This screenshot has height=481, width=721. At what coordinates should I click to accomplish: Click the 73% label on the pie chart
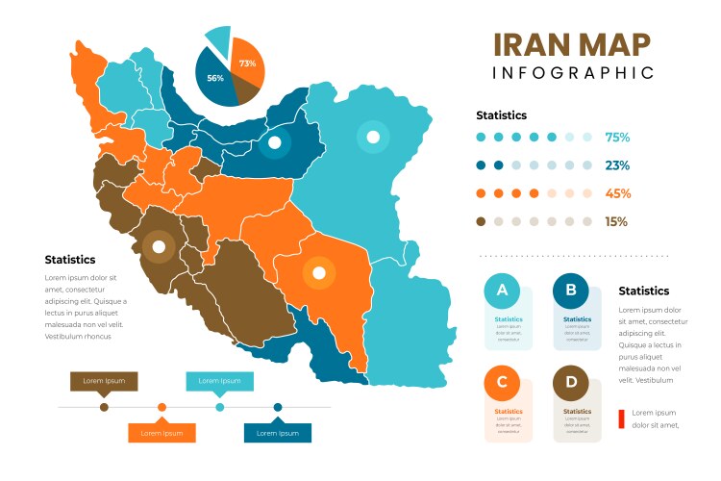click(x=247, y=63)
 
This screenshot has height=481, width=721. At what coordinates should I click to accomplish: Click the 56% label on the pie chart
click(x=215, y=78)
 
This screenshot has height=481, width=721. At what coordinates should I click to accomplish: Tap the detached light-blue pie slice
click(x=219, y=40)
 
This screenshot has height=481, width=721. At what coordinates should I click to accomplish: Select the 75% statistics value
click(x=617, y=138)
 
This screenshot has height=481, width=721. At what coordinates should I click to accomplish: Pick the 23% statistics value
click(x=617, y=165)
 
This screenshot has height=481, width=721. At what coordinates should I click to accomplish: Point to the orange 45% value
click(x=617, y=193)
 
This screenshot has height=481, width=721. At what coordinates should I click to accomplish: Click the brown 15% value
click(x=615, y=221)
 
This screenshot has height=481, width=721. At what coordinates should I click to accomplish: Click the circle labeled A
click(x=502, y=291)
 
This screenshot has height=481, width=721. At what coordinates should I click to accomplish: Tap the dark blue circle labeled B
click(x=571, y=291)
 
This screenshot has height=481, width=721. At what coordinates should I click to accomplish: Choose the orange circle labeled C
click(x=502, y=384)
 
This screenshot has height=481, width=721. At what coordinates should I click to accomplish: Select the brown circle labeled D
click(x=571, y=384)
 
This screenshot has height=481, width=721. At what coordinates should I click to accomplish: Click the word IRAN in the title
click(x=532, y=45)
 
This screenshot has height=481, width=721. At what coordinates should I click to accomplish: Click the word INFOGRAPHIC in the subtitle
click(x=573, y=73)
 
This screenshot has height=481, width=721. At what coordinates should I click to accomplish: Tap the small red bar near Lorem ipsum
click(x=621, y=418)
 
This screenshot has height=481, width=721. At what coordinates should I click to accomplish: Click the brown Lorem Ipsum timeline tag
click(x=104, y=382)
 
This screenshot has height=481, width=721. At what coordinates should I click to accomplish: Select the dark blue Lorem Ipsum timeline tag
click(x=278, y=433)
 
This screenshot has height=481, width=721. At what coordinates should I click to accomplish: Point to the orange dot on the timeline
click(x=162, y=407)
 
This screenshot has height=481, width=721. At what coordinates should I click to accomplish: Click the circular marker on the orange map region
click(x=317, y=274)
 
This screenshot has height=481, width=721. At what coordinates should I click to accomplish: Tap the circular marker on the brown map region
click(x=156, y=246)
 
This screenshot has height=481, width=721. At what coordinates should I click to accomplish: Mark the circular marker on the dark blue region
click(x=274, y=144)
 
